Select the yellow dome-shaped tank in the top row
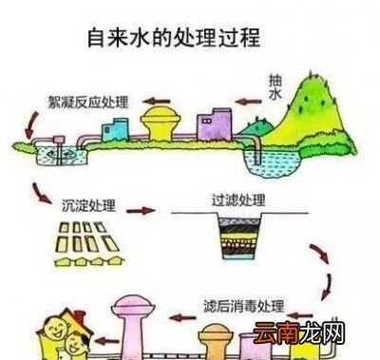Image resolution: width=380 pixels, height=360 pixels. pyautogui.click(x=161, y=123)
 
